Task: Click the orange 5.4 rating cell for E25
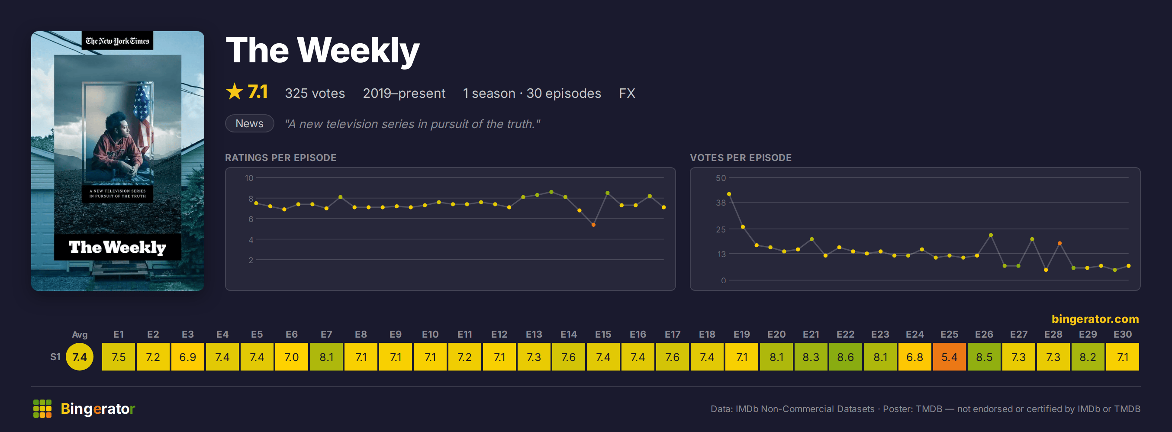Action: pos(949,356)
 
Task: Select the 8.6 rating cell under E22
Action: pos(845,356)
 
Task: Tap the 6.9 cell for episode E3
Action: pos(187,356)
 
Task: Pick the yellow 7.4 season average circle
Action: pos(80,356)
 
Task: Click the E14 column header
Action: pos(568,334)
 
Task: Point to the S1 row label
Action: pos(55,357)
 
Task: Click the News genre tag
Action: pos(249,123)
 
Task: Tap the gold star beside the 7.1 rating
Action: pos(234,91)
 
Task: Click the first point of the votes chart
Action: pos(729,194)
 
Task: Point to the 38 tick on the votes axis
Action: pos(721,203)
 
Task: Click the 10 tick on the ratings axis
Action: pos(249,178)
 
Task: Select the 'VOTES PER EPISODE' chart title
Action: pos(741,158)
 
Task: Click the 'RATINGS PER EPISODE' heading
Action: pos(281,158)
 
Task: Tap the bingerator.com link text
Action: pos(1095,319)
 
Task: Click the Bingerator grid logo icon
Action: pos(42,408)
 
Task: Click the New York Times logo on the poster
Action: pos(117,41)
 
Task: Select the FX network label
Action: pos(627,93)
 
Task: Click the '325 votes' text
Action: pos(315,93)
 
